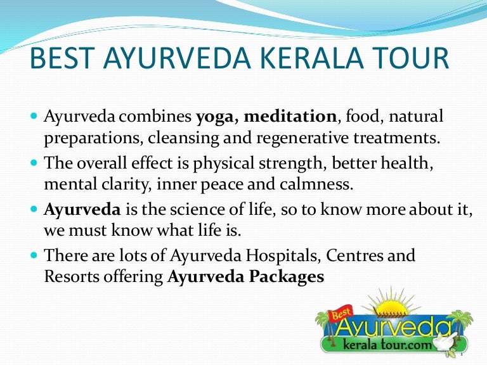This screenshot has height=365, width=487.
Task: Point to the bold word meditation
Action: pos(290,117)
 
